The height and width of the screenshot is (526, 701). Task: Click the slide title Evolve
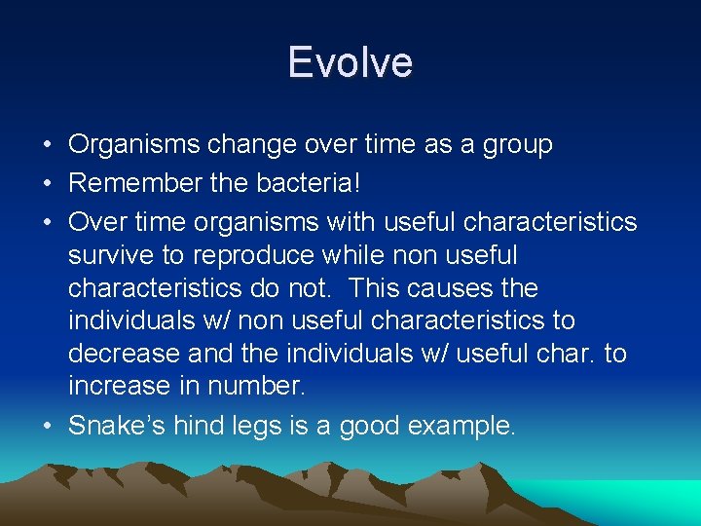[x=350, y=62]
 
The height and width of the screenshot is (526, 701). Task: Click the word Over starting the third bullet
[x=93, y=223]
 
